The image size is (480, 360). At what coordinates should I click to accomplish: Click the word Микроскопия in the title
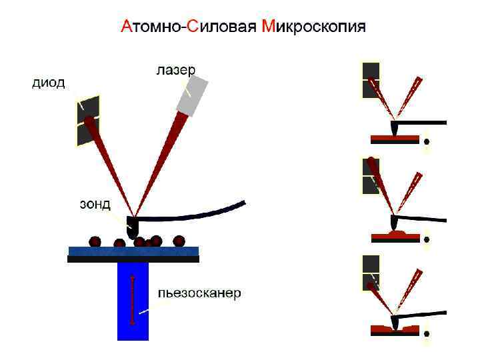click(315, 27)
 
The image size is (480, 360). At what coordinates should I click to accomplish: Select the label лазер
click(176, 69)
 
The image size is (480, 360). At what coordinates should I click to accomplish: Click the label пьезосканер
click(199, 293)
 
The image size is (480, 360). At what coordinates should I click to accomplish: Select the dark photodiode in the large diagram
click(88, 120)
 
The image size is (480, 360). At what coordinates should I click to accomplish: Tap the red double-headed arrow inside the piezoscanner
click(132, 299)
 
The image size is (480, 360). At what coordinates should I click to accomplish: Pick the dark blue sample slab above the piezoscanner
click(133, 251)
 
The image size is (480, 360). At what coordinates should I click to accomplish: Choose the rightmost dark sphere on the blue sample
click(179, 240)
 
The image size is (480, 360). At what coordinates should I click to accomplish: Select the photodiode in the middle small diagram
click(370, 177)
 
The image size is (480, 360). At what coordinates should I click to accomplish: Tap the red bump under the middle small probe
click(397, 233)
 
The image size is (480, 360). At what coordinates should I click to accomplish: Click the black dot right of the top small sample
click(427, 141)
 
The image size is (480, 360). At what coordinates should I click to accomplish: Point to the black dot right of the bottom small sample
click(427, 334)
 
